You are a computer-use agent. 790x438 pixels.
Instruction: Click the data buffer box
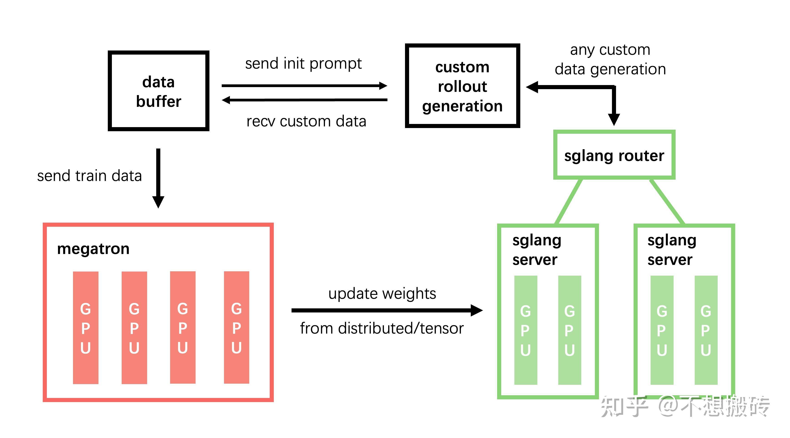click(158, 91)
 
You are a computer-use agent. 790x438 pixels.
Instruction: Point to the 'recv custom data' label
click(306, 121)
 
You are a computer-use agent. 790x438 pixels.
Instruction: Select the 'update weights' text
click(382, 294)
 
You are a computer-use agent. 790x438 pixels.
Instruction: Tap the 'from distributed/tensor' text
click(382, 328)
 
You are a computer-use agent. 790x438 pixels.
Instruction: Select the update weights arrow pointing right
click(386, 310)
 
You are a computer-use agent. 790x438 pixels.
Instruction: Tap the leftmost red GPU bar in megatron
click(86, 327)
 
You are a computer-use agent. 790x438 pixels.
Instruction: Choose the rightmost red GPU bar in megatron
click(236, 327)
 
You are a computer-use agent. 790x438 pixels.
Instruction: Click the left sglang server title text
click(536, 250)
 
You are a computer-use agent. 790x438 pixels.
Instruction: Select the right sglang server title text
click(671, 250)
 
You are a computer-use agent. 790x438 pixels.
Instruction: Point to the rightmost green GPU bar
click(706, 330)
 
